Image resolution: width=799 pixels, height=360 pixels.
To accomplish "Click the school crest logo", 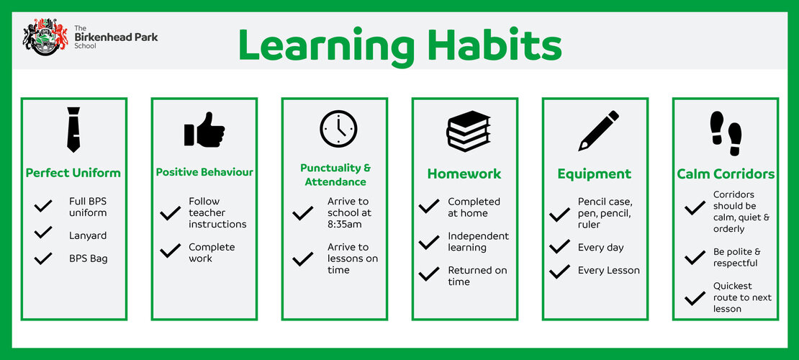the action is pos(45,37).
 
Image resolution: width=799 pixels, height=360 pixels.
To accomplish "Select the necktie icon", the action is pos(73,130).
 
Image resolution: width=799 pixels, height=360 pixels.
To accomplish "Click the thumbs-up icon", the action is pos(204,130).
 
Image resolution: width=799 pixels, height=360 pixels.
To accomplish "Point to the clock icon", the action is pos(338,129).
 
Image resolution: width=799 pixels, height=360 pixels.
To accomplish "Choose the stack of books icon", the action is pos(469,131).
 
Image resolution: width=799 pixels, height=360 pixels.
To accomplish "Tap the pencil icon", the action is pos(599,130).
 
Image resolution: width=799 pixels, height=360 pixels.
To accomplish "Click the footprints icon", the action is pos(726,134).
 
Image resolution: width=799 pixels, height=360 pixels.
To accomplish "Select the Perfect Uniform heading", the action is pos(73,173).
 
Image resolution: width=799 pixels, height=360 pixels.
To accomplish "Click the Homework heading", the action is pos(464,174).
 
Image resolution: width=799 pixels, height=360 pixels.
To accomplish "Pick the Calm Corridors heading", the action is pos(726,174).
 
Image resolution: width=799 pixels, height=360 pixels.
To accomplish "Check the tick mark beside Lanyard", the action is pos(43,233).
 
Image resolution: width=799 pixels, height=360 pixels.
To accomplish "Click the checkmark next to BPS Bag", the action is pos(43,258).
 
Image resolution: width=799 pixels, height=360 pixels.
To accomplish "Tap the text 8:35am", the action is pos(345,224).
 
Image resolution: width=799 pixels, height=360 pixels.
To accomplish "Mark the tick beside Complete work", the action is pos(170,251).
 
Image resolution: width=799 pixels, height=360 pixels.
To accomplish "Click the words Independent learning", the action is pos(479,242).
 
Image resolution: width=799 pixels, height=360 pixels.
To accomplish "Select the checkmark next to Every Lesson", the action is pos(559,271).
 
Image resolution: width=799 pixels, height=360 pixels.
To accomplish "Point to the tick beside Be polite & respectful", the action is pos(695,258).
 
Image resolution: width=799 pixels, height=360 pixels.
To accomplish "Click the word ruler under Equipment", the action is pos(589,225).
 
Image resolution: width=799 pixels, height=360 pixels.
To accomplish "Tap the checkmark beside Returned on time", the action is pos(429,274).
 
